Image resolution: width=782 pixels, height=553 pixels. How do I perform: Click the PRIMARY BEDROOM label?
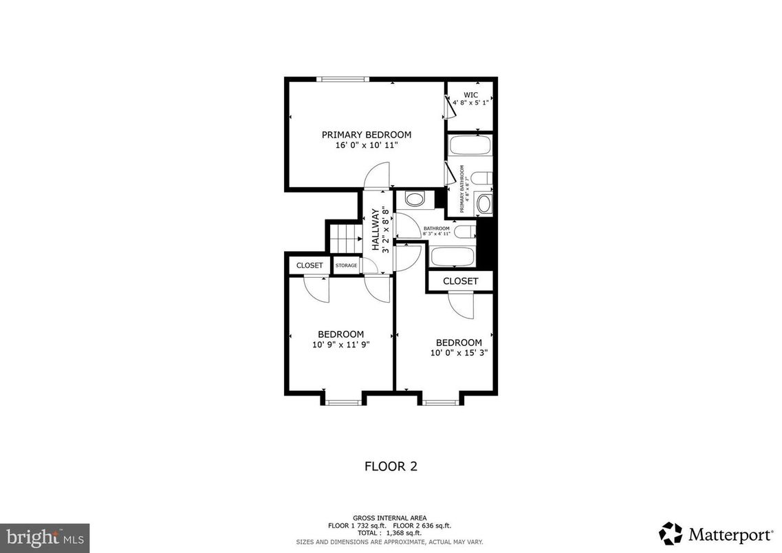366,135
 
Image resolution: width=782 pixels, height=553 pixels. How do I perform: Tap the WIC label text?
470,95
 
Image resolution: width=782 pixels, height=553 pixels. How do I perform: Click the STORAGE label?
346,265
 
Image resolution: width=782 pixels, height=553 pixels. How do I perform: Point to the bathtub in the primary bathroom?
469,145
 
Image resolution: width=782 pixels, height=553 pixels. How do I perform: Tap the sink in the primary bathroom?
484,203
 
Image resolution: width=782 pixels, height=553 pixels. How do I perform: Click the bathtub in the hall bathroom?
452,256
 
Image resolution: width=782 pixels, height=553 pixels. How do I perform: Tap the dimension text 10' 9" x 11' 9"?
340,345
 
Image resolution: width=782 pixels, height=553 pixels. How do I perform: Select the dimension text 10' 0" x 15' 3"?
459,354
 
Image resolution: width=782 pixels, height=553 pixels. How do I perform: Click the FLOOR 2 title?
391,466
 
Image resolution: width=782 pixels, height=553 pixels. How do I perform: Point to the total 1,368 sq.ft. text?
390,533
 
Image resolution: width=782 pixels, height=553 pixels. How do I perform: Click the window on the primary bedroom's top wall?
343,80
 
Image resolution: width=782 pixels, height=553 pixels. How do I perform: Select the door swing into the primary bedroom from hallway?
378,175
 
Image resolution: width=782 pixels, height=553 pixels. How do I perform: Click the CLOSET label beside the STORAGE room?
309,265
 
